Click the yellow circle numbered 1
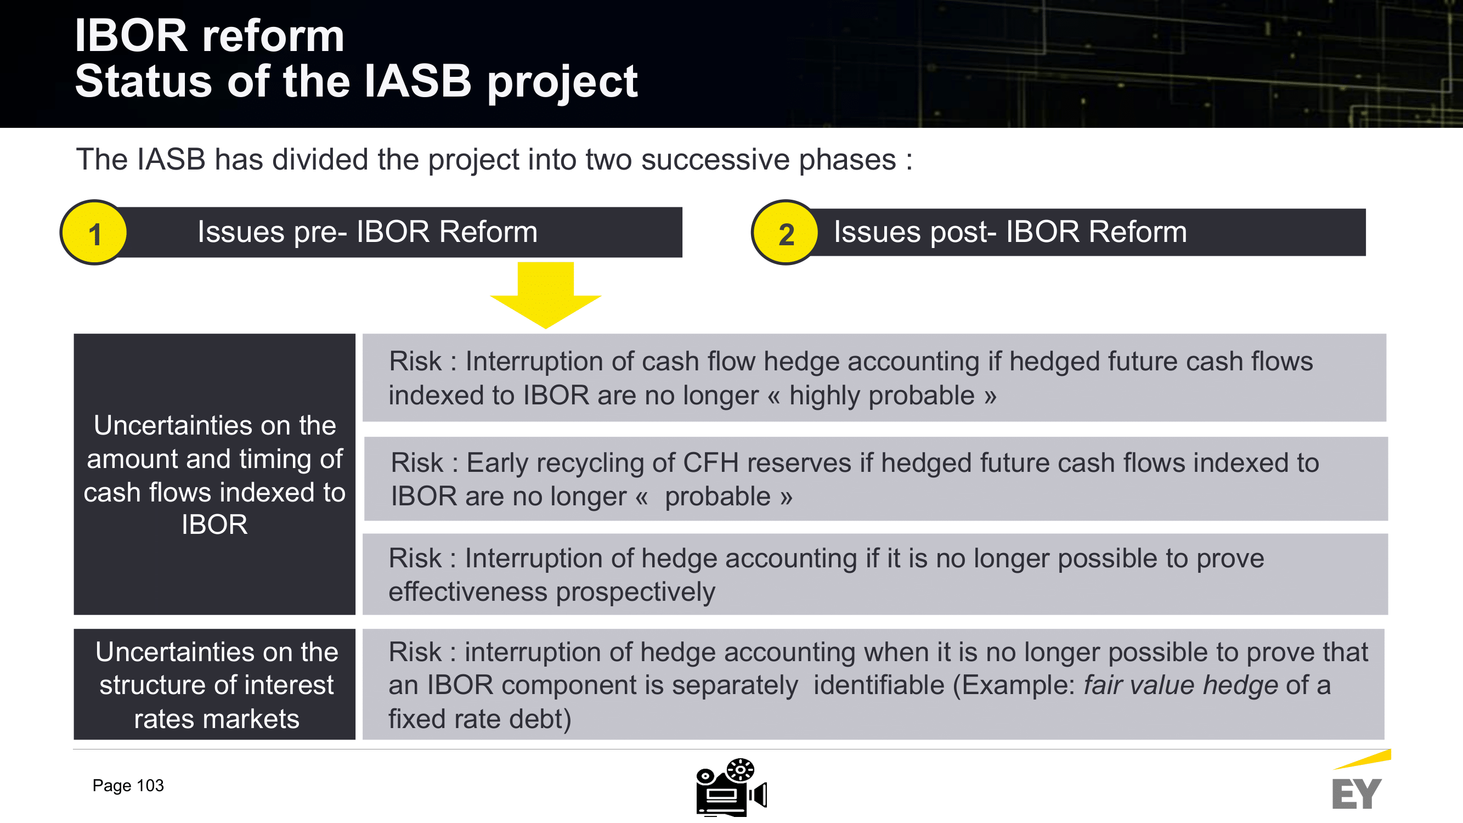coord(94,232)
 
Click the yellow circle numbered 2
coord(786,232)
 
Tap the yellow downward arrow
coord(546,295)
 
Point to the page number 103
coord(150,786)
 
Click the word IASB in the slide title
coord(417,81)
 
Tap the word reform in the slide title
coord(273,36)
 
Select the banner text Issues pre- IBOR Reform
coord(368,232)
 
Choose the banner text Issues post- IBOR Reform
coord(1010,232)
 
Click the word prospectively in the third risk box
coord(636,593)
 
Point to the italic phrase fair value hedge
coord(1181,685)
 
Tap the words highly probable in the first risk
coord(882,396)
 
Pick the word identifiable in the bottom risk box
coord(879,685)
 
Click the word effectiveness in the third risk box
coord(468,592)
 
